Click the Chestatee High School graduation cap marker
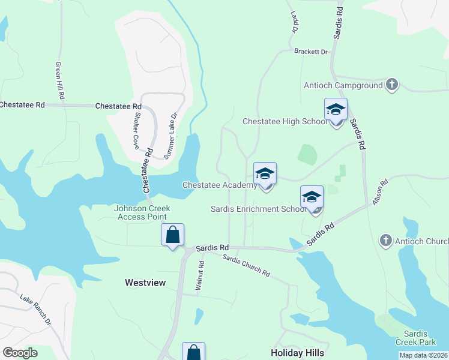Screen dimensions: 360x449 click(336, 110)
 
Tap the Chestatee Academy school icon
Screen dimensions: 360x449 click(265, 175)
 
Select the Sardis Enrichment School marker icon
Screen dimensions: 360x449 click(312, 197)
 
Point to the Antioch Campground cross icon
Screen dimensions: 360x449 click(391, 85)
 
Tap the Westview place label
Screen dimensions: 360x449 click(145, 282)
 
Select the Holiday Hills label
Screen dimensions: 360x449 click(298, 352)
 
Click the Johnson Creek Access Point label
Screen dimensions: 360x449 click(142, 212)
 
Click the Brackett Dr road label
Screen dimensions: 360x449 click(310, 52)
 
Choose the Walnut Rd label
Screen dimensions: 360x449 click(200, 276)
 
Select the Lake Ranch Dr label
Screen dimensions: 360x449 click(35, 310)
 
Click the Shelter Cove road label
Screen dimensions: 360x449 click(136, 132)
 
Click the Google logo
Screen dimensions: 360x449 click(20, 353)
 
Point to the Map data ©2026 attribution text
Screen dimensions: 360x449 click(423, 355)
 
